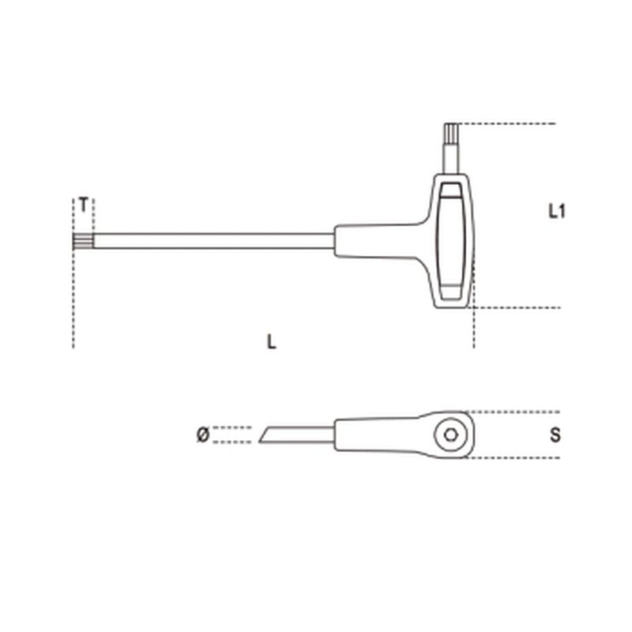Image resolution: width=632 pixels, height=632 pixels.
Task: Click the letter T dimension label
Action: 83,204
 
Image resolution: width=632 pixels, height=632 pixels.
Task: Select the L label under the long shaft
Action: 272,342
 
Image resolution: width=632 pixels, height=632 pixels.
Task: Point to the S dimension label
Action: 555,435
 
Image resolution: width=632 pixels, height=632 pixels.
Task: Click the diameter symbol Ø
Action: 201,434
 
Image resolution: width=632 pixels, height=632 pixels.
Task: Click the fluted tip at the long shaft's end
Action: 83,240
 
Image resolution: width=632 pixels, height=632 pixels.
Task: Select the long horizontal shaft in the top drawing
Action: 213,240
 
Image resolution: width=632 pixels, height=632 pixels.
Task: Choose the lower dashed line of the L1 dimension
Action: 517,307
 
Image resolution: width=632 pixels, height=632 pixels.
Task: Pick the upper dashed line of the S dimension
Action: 513,412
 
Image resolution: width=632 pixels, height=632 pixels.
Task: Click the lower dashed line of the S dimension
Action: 513,458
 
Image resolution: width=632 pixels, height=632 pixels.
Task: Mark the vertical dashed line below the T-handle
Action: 473,328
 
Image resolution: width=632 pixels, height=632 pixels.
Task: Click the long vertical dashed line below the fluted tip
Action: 73,300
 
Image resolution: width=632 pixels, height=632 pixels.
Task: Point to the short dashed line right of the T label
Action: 94,212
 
